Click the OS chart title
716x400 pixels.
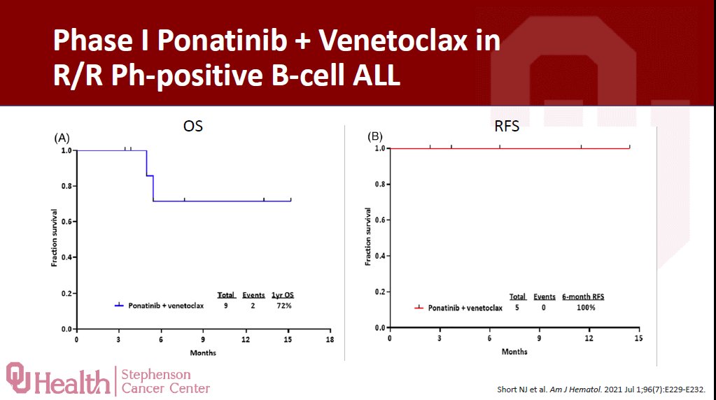tap(193, 126)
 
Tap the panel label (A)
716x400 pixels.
tap(62, 138)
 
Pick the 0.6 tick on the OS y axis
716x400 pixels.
tap(66, 222)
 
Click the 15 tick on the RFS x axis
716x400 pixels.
tap(638, 338)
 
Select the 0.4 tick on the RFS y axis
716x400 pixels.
tap(379, 256)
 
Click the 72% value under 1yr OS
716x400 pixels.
tap(284, 306)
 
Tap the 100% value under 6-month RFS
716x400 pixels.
tap(585, 307)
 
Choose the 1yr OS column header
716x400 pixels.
tap(283, 295)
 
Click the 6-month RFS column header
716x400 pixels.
tap(583, 297)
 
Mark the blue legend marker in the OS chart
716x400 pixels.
tap(119, 306)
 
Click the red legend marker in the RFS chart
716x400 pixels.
tap(419, 307)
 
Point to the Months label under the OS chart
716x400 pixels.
tap(203, 352)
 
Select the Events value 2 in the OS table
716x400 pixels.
tap(253, 306)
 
